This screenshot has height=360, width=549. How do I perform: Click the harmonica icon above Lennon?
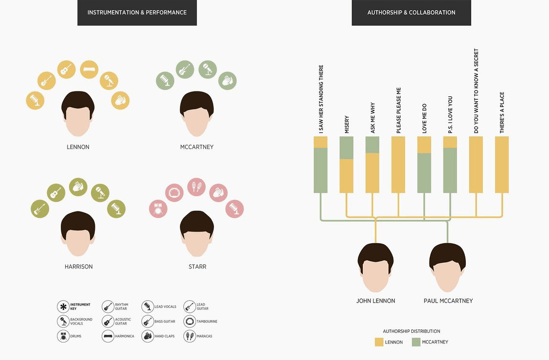[89, 70]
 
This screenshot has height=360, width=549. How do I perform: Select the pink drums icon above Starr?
[158, 209]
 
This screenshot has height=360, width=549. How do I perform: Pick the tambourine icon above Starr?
[173, 193]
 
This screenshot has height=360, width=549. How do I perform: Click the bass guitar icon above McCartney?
[185, 70]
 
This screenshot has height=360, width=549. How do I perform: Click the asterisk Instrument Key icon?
[63, 306]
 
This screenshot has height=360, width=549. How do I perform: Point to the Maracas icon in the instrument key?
[189, 336]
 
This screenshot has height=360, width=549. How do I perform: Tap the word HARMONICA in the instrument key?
[124, 336]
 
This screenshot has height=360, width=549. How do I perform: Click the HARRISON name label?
[78, 267]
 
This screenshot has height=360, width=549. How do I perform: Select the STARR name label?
[197, 267]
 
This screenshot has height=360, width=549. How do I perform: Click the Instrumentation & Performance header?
[137, 13]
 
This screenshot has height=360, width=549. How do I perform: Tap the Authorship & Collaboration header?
[411, 13]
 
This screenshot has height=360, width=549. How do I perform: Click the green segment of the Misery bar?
[346, 148]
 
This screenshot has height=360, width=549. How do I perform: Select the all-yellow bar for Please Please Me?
[398, 164]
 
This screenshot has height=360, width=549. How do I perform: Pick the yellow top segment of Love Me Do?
[424, 144]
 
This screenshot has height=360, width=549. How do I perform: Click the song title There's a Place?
[502, 112]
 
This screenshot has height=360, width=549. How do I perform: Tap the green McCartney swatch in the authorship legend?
[416, 342]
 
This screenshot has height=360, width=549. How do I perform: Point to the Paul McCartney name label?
[448, 301]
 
